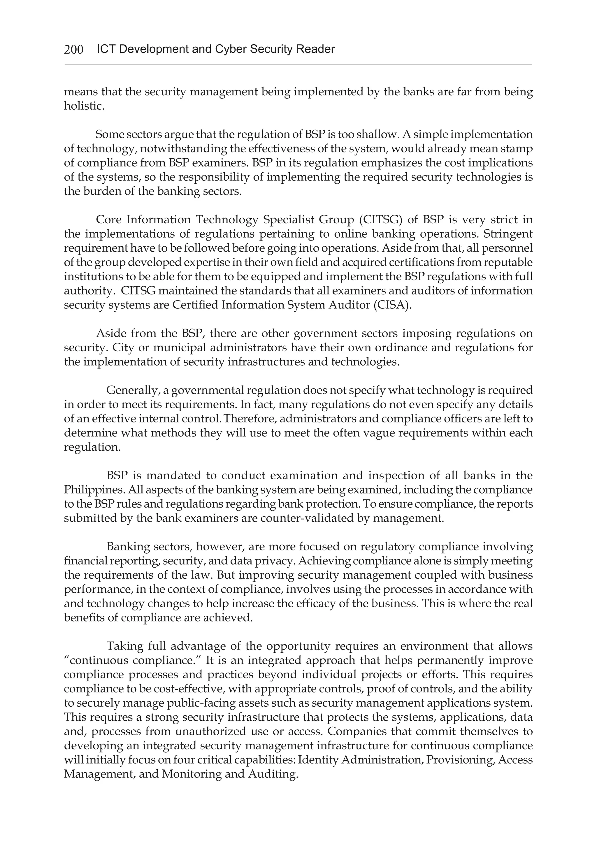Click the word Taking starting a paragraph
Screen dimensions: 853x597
[124, 646]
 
